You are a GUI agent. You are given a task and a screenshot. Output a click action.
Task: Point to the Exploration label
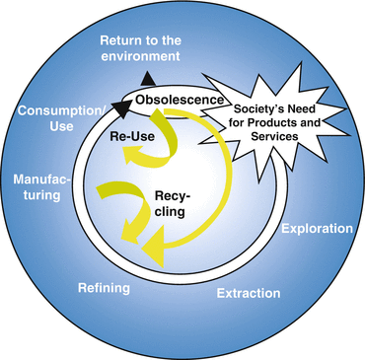pyautogui.click(x=317, y=229)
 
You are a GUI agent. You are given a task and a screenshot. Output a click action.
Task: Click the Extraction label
pyautogui.click(x=250, y=293)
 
